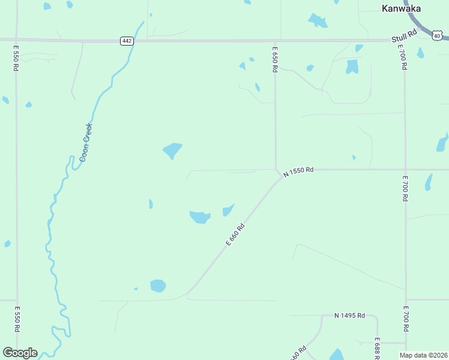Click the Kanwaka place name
click(x=401, y=8)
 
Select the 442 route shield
click(x=126, y=40)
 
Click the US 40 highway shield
click(x=437, y=35)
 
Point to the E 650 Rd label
click(x=275, y=60)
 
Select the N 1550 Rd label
click(x=299, y=171)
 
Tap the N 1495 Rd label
click(x=350, y=316)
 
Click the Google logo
click(x=19, y=353)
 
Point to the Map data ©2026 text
click(x=423, y=355)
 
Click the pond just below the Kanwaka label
click(x=318, y=21)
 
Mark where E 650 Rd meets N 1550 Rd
click(x=276, y=170)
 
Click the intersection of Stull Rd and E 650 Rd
click(x=275, y=41)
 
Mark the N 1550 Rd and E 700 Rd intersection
click(x=405, y=170)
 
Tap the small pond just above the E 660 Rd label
click(x=228, y=210)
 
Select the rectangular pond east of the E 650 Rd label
click(x=352, y=67)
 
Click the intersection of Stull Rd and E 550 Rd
click(x=16, y=40)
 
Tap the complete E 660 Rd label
click(x=236, y=234)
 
